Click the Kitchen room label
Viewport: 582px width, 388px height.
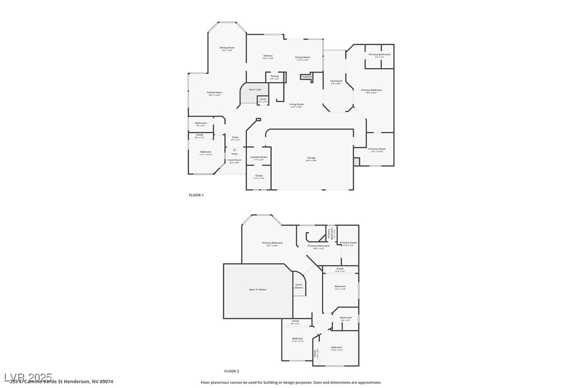pos(268,56)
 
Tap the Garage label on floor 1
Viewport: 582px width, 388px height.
pos(311,158)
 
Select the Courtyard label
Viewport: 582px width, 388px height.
pos(336,81)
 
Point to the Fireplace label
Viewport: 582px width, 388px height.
pos(307,77)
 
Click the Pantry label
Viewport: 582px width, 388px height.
pos(274,76)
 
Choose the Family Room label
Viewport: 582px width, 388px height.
pos(214,93)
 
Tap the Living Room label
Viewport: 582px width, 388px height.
pos(296,105)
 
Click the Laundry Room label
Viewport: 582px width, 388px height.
pos(258,157)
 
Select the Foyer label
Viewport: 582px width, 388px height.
pos(235,137)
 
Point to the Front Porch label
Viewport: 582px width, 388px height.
pos(234,160)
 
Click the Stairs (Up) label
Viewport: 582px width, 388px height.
pos(255,89)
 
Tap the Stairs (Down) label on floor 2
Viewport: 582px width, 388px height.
pos(299,286)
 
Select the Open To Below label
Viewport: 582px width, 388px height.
pos(257,289)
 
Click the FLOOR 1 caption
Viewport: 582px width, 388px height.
pos(196,195)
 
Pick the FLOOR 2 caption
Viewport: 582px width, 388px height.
pos(232,371)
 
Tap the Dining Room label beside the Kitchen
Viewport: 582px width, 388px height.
pos(302,57)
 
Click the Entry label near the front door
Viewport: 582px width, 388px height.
pos(234,154)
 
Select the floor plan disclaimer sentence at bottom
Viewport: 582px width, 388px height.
pos(291,383)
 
